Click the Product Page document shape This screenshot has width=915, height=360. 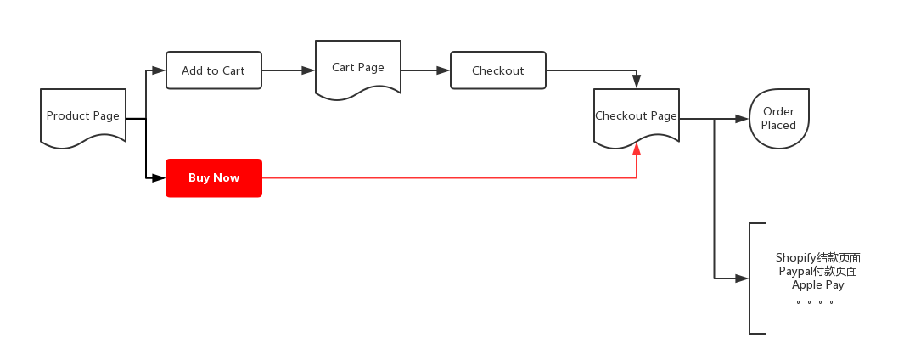tap(83, 115)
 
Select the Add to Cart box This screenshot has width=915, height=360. tap(214, 70)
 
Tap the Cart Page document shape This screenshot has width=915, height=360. tap(358, 68)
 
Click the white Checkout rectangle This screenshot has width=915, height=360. tap(498, 70)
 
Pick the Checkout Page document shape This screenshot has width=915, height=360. tap(637, 116)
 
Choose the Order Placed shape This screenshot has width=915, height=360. tap(778, 118)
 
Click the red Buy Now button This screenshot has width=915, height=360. tap(214, 178)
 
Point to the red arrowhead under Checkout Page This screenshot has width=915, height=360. tap(637, 149)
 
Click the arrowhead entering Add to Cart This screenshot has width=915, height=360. tap(160, 70)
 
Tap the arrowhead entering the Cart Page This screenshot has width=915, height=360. tap(309, 70)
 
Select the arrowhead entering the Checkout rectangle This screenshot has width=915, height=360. tap(444, 70)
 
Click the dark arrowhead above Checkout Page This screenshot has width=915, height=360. tap(637, 82)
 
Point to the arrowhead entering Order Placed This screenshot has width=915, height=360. tap(743, 119)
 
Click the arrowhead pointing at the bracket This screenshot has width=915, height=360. tap(743, 278)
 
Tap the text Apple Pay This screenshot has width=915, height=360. tap(818, 285)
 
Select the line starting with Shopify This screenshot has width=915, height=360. tap(818, 258)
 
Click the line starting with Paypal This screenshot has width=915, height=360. tap(818, 272)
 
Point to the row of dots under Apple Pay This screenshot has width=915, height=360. tap(815, 301)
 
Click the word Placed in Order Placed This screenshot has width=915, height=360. tap(778, 125)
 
